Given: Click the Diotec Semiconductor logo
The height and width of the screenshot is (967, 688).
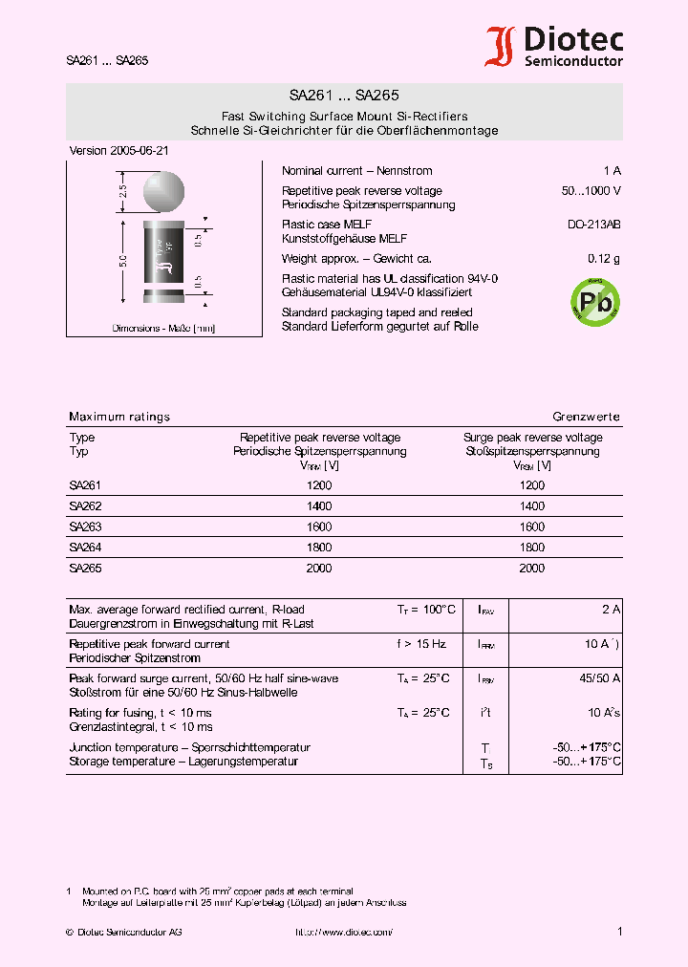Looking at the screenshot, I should (x=554, y=46).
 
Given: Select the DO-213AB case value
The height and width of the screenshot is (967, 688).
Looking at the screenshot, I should (x=593, y=225).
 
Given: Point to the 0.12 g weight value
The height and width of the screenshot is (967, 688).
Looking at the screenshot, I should (x=604, y=259).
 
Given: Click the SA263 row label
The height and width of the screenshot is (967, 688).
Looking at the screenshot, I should (x=85, y=526).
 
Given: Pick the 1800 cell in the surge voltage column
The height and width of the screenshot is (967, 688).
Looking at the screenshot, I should (x=532, y=548).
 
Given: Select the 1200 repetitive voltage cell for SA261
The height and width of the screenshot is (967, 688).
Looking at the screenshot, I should (x=319, y=485).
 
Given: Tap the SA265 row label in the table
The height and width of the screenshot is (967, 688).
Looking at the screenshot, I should (x=85, y=568).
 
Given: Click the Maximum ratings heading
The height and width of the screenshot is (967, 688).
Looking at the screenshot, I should (x=119, y=417).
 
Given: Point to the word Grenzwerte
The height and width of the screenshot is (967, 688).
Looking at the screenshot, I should (x=586, y=417).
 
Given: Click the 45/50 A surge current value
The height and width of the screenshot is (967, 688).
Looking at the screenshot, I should (x=600, y=678).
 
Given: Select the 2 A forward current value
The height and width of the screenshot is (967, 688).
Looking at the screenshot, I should (x=612, y=610).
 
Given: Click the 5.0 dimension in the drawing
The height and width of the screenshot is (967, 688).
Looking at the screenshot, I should (x=123, y=262).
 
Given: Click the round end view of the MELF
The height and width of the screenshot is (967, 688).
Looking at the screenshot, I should (x=164, y=193).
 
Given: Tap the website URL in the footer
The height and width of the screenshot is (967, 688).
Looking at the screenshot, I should (x=343, y=932).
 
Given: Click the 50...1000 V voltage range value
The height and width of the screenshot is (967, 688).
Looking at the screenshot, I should (x=591, y=191).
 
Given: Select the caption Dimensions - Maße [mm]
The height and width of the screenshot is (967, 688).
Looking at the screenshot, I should (x=163, y=328).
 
